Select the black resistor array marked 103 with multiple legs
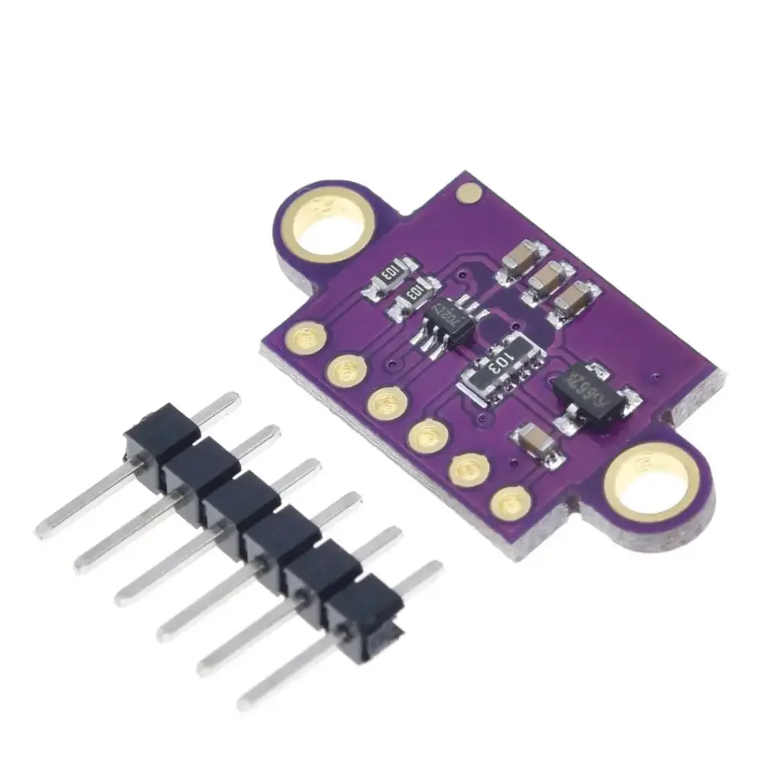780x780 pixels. click(x=500, y=366)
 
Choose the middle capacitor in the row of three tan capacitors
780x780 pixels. click(x=548, y=279)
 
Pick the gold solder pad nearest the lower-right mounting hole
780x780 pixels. click(x=510, y=503)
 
